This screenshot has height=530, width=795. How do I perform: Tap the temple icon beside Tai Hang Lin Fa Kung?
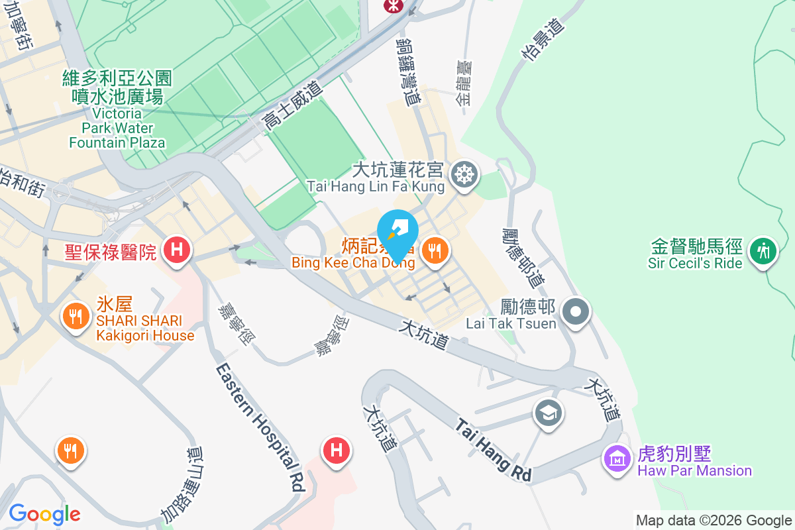click(x=464, y=176)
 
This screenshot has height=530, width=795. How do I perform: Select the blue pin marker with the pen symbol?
click(x=398, y=233)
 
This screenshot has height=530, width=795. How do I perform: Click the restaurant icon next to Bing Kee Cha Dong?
click(x=434, y=250)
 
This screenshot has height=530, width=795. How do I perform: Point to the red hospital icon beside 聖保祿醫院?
click(x=177, y=250)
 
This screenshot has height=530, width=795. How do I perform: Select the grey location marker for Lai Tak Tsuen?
click(x=575, y=310)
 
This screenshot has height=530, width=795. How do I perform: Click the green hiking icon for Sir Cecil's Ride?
click(x=764, y=250)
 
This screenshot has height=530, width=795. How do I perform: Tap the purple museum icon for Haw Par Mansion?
click(x=617, y=457)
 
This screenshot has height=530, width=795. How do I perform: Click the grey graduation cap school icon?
click(x=548, y=413)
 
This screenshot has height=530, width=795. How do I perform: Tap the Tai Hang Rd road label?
click(x=494, y=450)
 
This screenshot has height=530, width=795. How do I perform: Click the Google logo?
click(x=44, y=514)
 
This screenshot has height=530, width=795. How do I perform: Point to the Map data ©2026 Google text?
click(x=714, y=521)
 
